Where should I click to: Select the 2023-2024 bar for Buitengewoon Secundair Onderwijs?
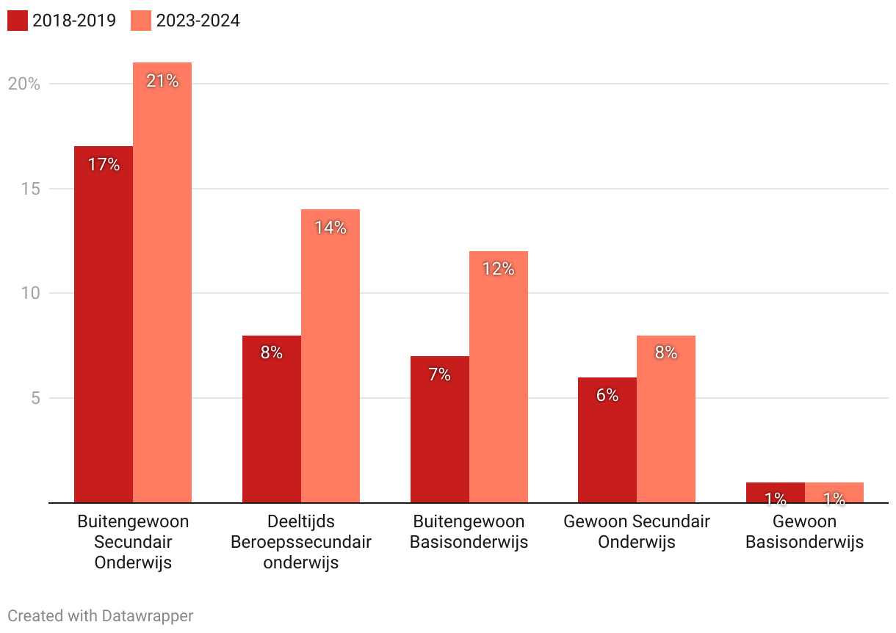(x=162, y=283)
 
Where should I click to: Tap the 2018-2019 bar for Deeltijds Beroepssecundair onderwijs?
(x=272, y=419)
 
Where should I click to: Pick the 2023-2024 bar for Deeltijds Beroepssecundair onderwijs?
(x=330, y=356)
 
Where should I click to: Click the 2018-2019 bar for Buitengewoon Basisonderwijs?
(x=440, y=430)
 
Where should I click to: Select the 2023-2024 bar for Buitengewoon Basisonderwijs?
(x=499, y=377)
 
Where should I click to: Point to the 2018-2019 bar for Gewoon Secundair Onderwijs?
(x=607, y=441)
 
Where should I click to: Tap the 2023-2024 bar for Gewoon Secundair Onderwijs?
(x=666, y=419)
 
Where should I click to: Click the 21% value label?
(x=162, y=81)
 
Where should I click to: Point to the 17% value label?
(x=104, y=164)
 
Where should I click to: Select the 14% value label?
(x=330, y=228)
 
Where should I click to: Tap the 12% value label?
(x=499, y=270)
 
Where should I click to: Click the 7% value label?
(x=440, y=375)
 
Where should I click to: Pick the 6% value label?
(x=607, y=395)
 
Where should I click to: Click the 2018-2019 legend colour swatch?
(x=18, y=21)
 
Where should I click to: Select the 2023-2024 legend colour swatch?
(x=141, y=21)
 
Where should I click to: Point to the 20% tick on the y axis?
(x=24, y=84)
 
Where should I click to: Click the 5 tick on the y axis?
(x=34, y=398)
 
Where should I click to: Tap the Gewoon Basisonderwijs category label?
(x=805, y=532)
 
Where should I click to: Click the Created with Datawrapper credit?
(x=101, y=615)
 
